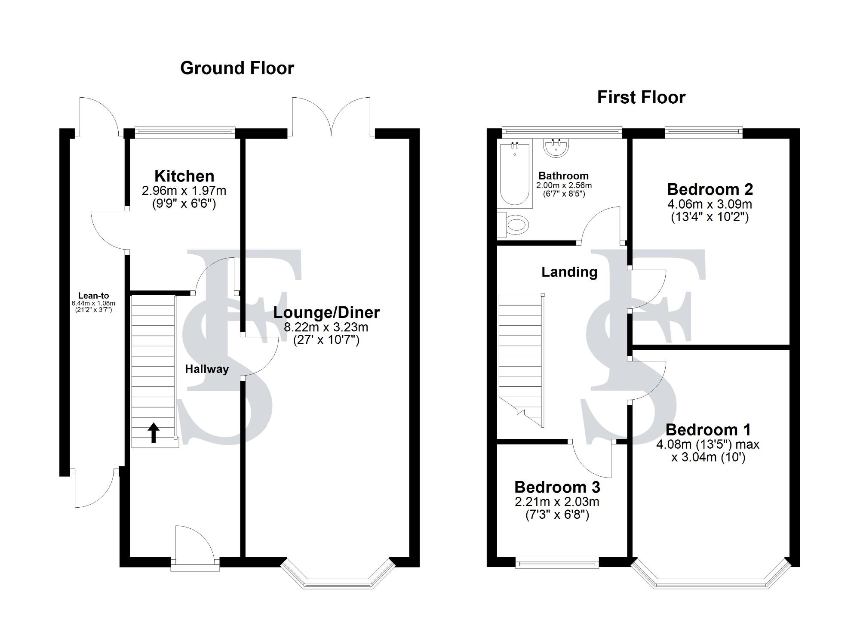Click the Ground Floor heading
pos(237,68)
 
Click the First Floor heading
pos(641,97)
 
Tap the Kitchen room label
pos(184,176)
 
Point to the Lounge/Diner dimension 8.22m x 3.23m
pos(326,327)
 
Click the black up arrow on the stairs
pos(154,432)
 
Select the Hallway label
pos(207,369)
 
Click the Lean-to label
pos(93,296)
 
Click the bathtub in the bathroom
pos(514,174)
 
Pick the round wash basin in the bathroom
pos(556,148)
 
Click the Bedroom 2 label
pos(710,189)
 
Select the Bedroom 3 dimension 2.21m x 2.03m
pos(557,501)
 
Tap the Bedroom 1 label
pos(708,429)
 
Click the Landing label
pos(569,272)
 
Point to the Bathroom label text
pos(563,176)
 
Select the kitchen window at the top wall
pos(184,132)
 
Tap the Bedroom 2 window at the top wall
pos(703,132)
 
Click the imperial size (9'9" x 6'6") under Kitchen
pos(184,204)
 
